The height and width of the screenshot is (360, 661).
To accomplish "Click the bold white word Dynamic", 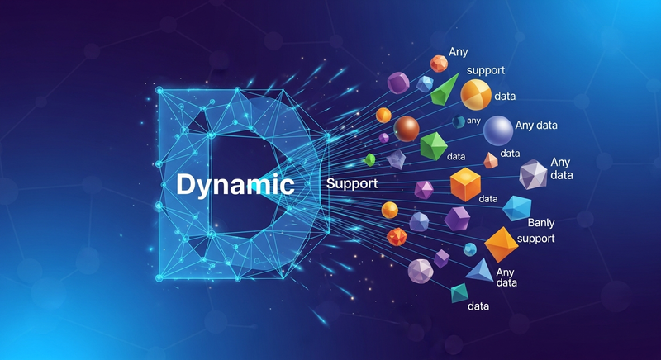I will click(235, 183).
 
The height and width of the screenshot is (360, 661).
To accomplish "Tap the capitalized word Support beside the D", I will click(353, 182).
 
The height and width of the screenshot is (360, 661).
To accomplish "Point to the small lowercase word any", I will click(473, 121).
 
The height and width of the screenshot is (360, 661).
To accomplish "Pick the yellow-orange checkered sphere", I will click(476, 95).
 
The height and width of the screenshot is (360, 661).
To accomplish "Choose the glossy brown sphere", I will click(406, 128).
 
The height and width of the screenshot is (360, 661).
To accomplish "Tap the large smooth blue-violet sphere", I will click(497, 130).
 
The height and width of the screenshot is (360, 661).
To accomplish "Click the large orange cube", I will click(466, 184).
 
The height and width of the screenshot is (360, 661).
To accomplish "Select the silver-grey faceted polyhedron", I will click(534, 174).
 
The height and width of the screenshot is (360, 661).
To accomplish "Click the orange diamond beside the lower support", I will click(501, 244).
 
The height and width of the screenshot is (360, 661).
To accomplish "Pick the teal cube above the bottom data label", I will click(459, 292).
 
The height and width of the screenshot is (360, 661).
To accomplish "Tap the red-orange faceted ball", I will click(397, 237).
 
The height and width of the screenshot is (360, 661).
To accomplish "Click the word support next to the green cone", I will click(485, 71).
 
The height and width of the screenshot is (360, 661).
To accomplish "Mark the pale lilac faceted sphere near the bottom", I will click(421, 271).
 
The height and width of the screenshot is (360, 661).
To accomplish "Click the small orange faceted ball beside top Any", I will click(439, 63).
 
